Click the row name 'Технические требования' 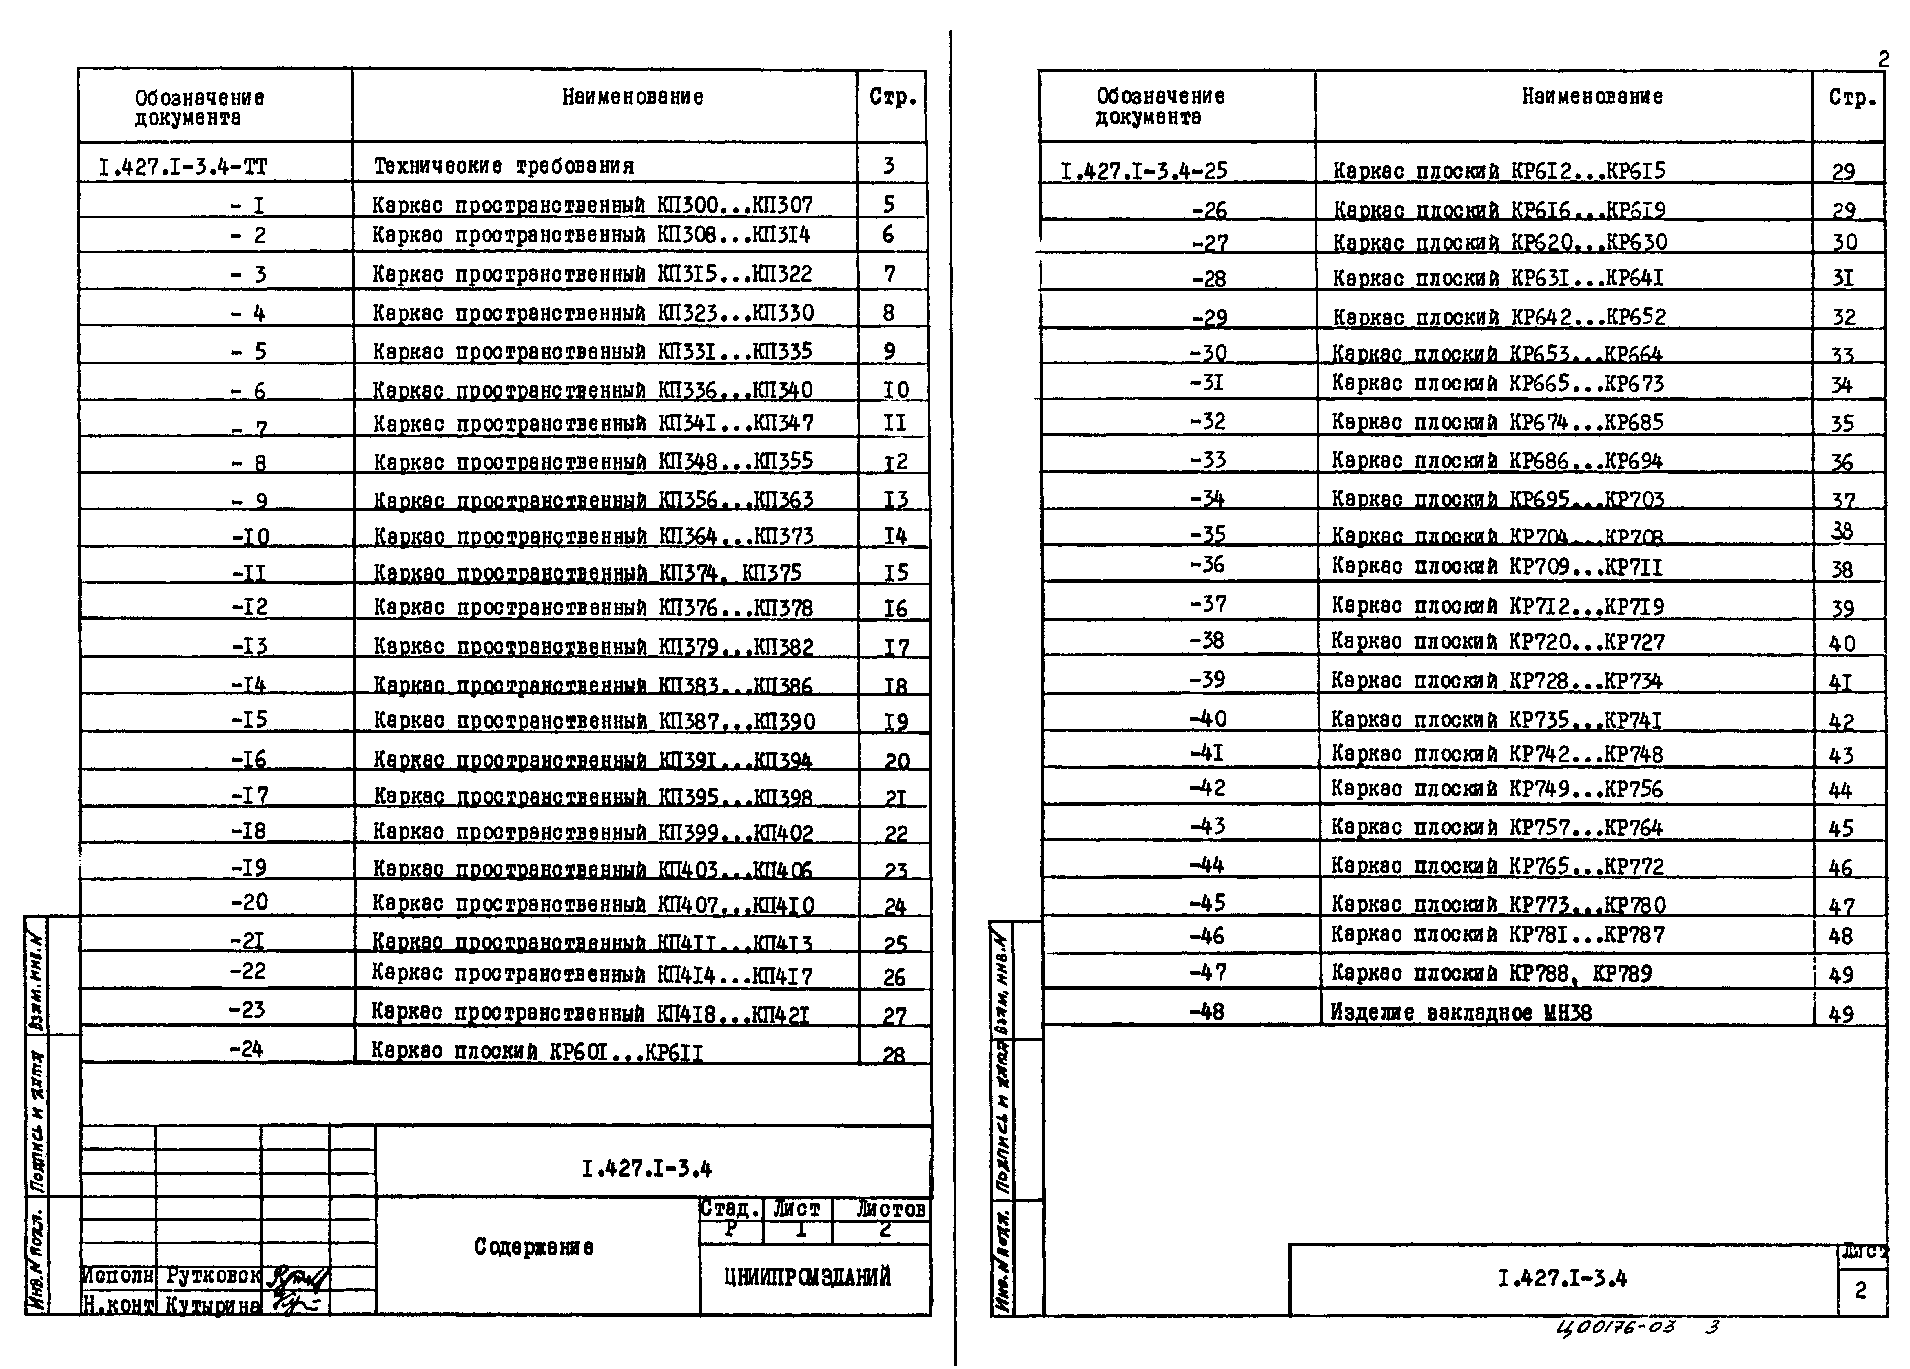click(x=504, y=166)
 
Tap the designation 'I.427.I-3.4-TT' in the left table click(x=183, y=167)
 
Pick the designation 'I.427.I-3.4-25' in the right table click(x=1144, y=171)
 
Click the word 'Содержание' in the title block click(x=533, y=1247)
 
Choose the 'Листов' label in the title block click(x=890, y=1209)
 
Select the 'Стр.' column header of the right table click(x=1852, y=98)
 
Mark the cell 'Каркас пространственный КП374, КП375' click(x=587, y=572)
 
